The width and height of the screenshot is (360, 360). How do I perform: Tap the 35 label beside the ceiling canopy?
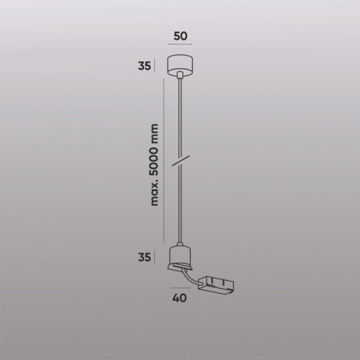[x=144, y=66]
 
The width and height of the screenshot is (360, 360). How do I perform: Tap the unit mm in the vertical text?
[x=156, y=132]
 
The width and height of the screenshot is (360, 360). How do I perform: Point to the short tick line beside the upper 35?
[x=156, y=66]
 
